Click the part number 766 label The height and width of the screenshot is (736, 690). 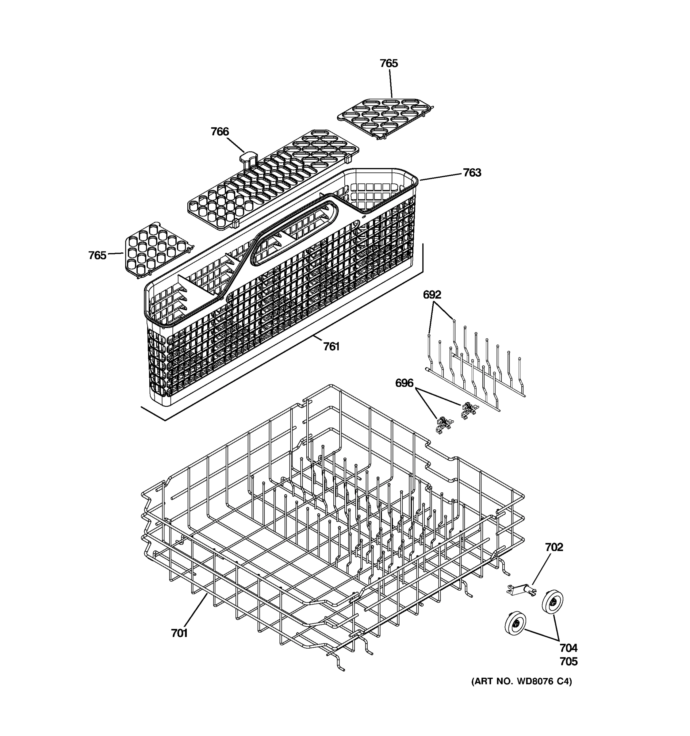pos(220,132)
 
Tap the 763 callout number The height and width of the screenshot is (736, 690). pos(472,173)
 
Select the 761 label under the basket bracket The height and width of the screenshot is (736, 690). pos(331,347)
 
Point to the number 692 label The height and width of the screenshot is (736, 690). pos(432,295)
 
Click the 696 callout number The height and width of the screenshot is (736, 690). pos(404,383)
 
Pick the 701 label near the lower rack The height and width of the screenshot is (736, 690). pos(179,634)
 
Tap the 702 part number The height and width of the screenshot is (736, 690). pos(554,547)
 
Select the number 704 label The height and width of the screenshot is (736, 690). pos(568,648)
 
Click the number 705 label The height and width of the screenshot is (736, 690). pos(568,661)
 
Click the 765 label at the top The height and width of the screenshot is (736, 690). pos(389,63)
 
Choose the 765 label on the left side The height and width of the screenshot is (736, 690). pos(97,255)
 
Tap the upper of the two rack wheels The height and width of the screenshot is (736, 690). pos(552,602)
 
